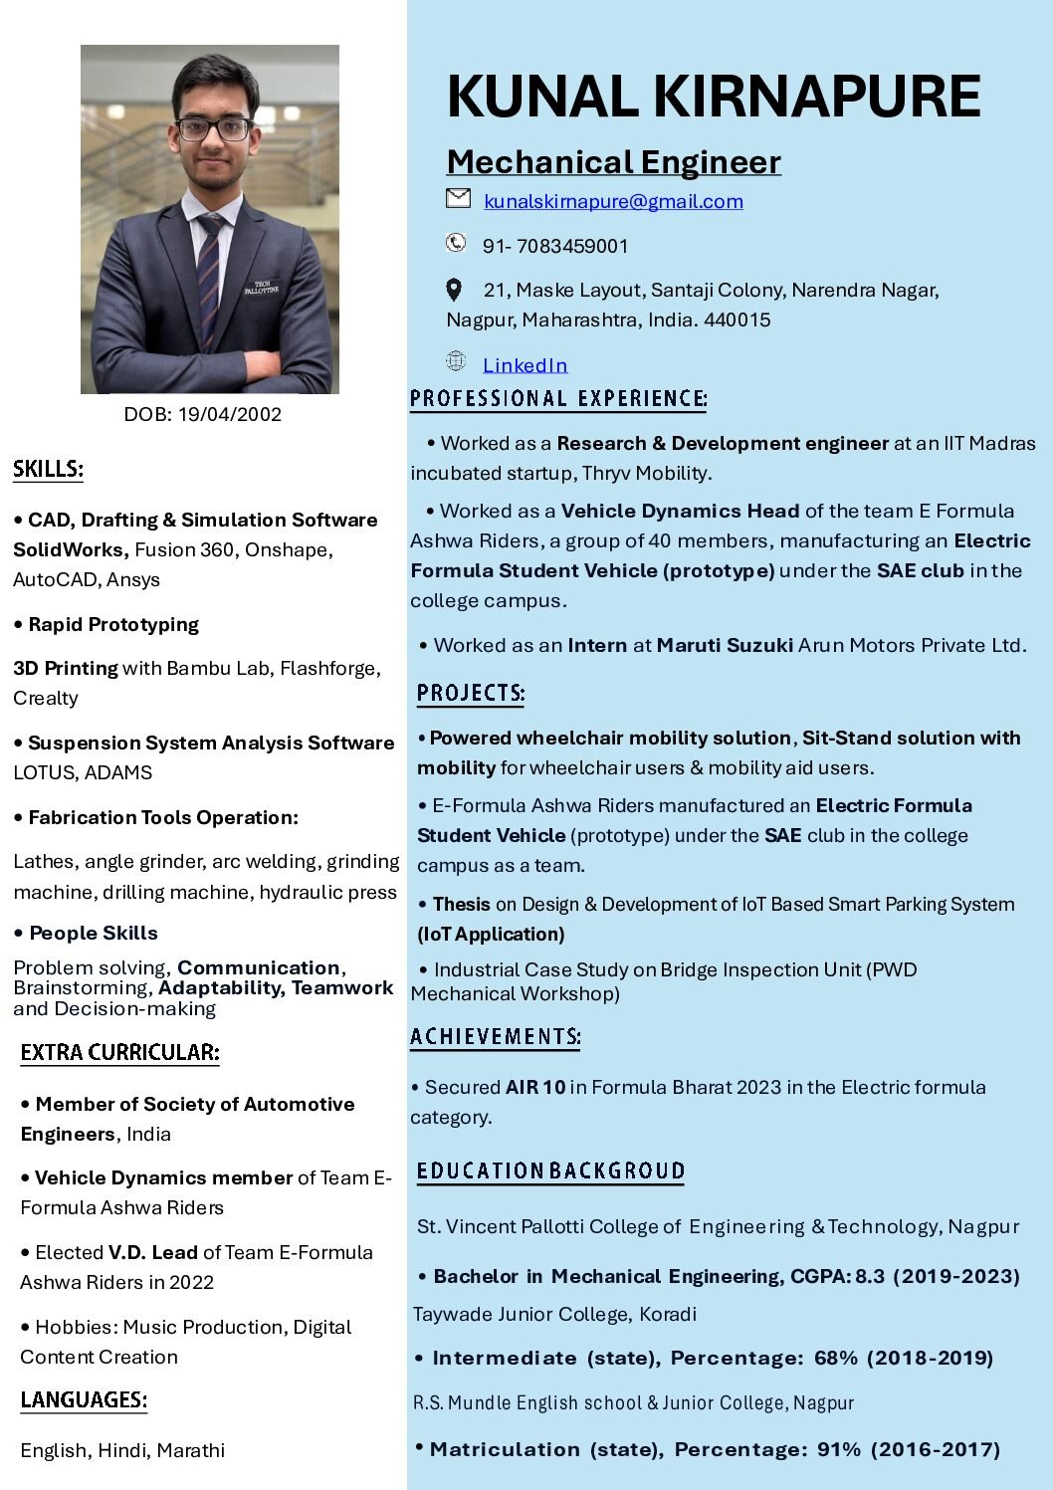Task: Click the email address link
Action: [x=613, y=201]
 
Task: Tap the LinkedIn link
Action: [x=525, y=365]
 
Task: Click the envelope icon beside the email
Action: [x=458, y=198]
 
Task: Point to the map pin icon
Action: [x=454, y=290]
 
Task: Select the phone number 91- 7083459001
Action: [x=555, y=246]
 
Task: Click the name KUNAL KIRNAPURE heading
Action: [x=714, y=97]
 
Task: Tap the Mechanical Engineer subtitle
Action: [x=613, y=161]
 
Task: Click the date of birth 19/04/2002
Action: [x=230, y=414]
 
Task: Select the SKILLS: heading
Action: [x=48, y=469]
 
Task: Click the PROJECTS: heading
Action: [x=471, y=693]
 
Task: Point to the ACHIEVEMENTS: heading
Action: [x=496, y=1037]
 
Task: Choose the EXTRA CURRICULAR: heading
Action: [x=119, y=1052]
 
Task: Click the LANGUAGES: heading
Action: [x=84, y=1399]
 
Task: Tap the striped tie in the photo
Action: [x=209, y=279]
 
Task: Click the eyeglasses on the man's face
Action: [x=214, y=129]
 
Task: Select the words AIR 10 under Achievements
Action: [x=535, y=1087]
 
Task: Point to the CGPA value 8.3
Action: [x=870, y=1276]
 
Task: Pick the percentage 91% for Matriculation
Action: [x=839, y=1449]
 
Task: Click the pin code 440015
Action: [x=737, y=319]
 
